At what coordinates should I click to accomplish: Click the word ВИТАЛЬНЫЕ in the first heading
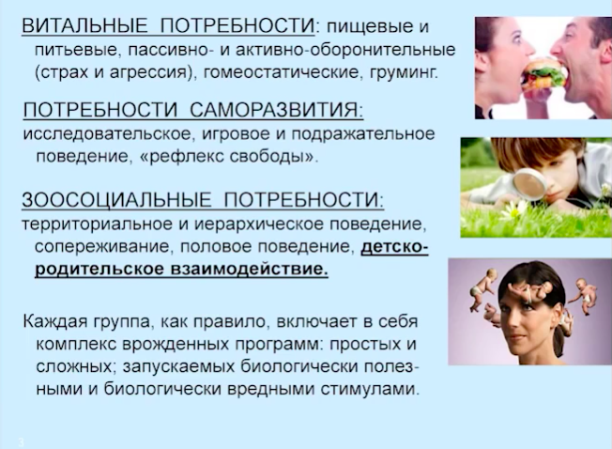point(84,26)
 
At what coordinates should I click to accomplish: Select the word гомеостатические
point(281,72)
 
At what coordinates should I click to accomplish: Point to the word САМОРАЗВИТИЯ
point(276,110)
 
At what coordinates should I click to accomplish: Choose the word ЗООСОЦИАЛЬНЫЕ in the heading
point(116,200)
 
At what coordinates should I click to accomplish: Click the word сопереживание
point(103,247)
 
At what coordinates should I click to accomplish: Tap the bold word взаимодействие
point(250,270)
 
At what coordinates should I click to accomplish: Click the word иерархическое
point(259,224)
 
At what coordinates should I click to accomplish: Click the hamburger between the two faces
point(544,74)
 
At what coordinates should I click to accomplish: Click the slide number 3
point(21,442)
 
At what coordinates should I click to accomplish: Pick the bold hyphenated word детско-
point(395,247)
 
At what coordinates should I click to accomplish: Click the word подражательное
point(363,134)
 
